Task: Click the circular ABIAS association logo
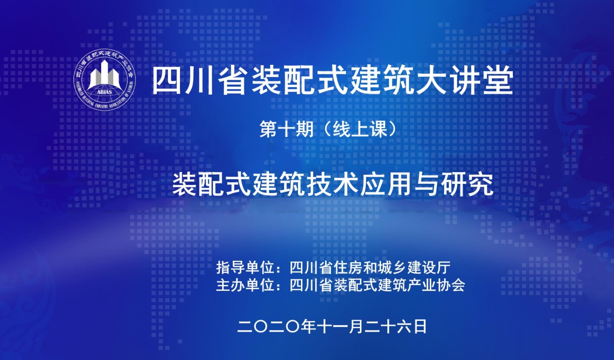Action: pyautogui.click(x=105, y=79)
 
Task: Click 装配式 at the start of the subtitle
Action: pyautogui.click(x=208, y=185)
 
